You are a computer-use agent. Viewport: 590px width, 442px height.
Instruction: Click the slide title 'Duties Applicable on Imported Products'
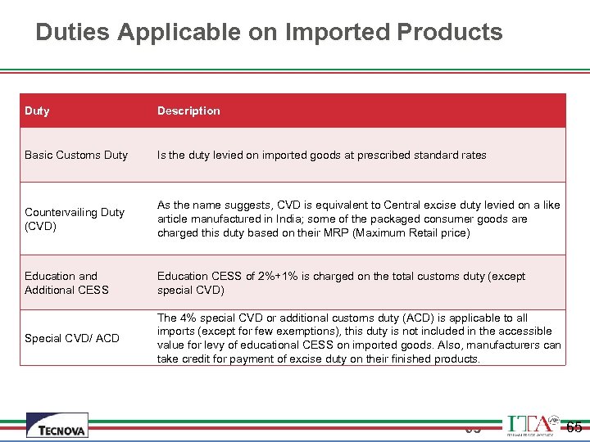269,32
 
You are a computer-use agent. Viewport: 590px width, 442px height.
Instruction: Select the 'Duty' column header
37,110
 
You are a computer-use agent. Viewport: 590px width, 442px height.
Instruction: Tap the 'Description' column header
188,110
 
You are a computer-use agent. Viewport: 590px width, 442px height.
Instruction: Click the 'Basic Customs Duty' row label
76,155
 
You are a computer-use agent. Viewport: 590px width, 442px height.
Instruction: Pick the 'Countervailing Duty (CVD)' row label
75,219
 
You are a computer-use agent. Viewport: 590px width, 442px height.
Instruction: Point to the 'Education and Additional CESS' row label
66,283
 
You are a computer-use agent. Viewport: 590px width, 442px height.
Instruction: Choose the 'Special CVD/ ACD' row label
72,338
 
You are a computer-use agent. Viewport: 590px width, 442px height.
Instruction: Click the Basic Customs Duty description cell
322,155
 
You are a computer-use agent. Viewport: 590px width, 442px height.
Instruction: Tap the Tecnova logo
57,426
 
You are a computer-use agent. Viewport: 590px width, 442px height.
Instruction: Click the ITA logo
532,425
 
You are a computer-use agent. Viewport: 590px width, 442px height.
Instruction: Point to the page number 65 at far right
574,426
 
